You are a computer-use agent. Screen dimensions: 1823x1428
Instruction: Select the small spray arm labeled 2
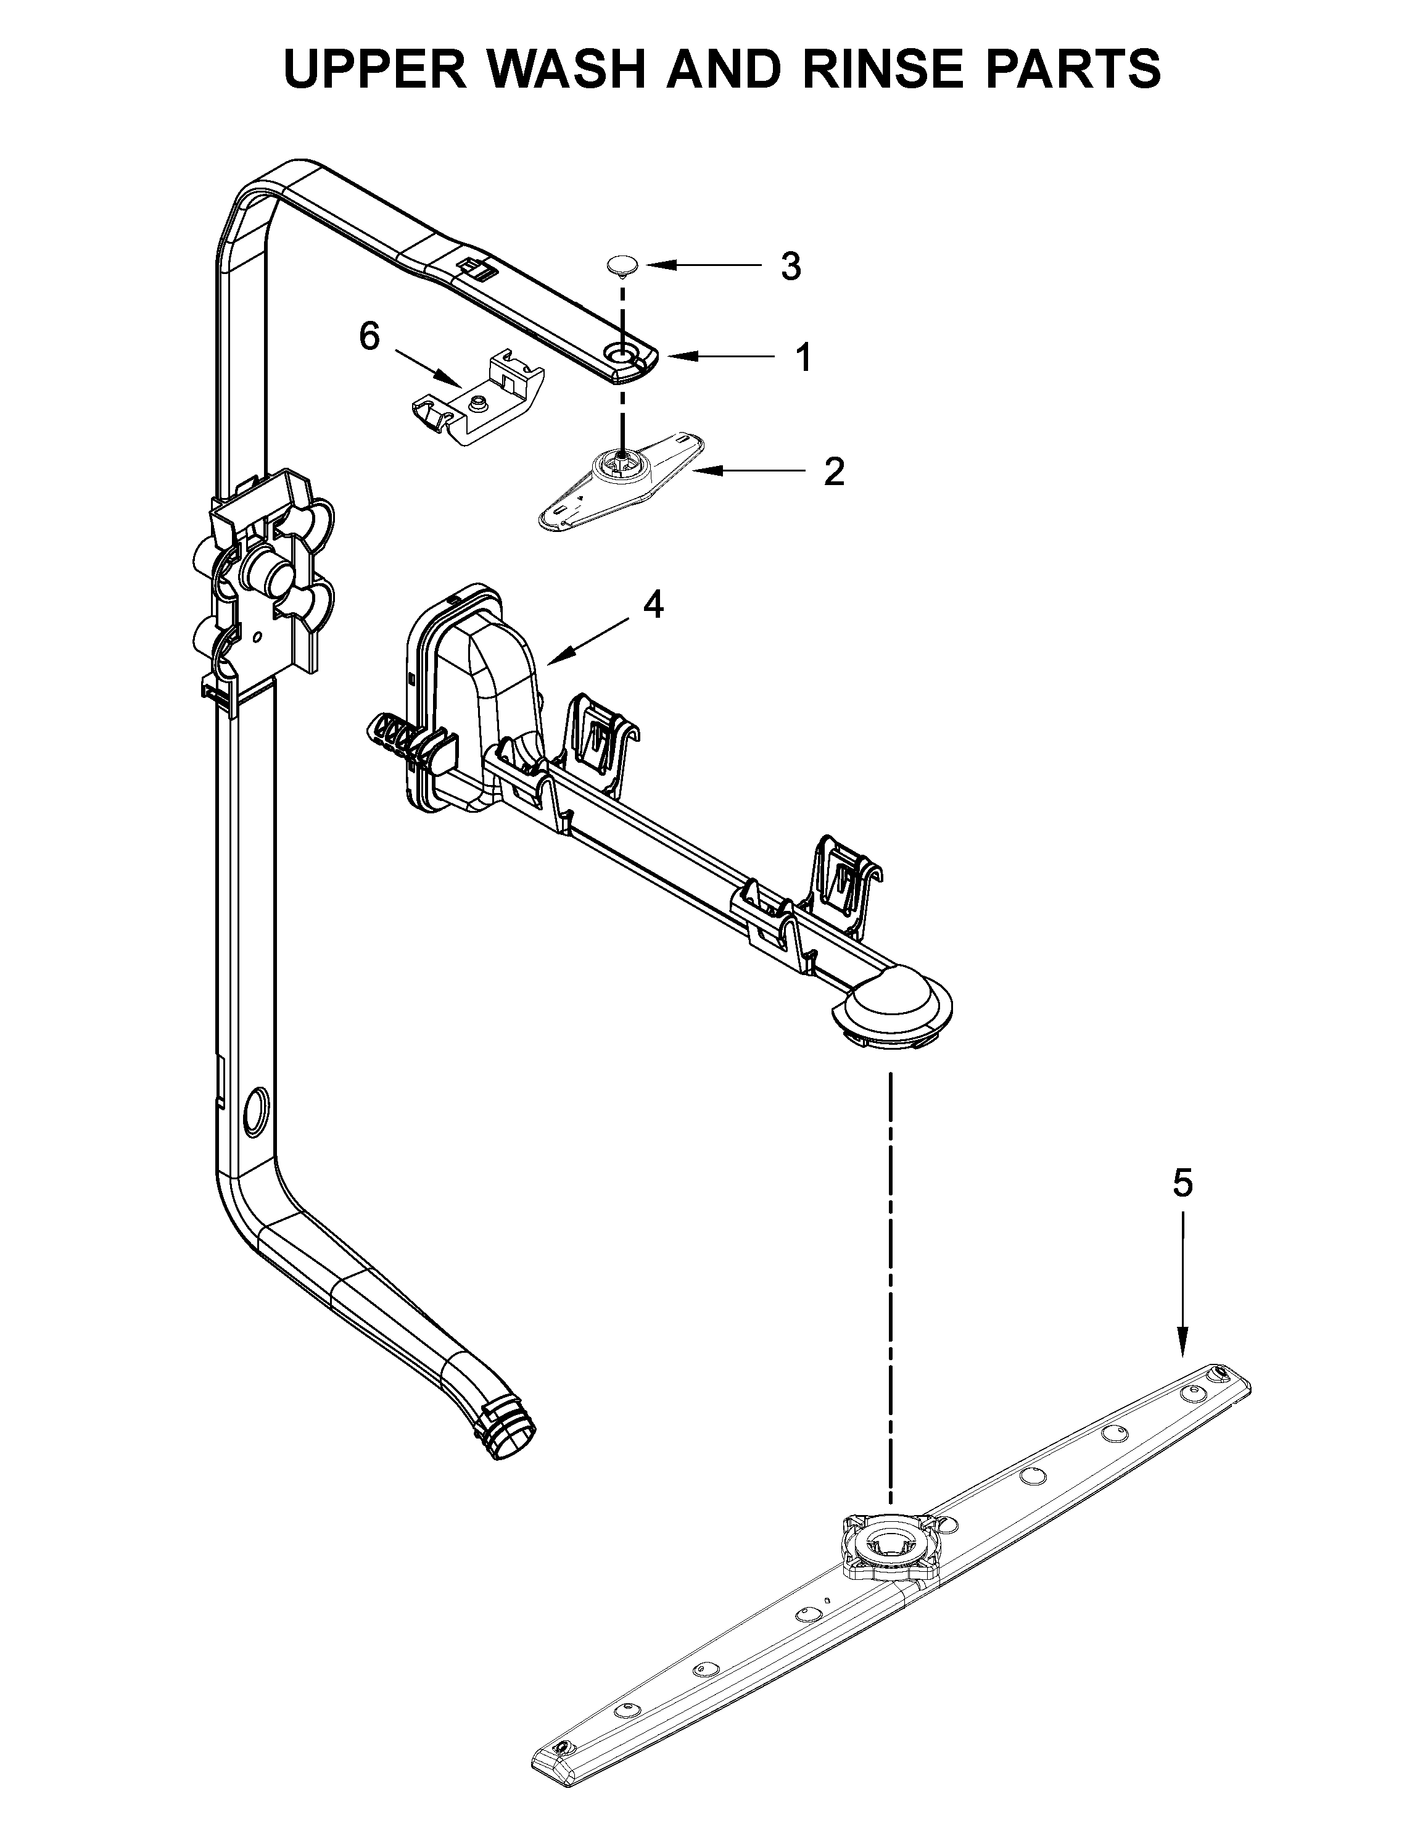coord(619,482)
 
